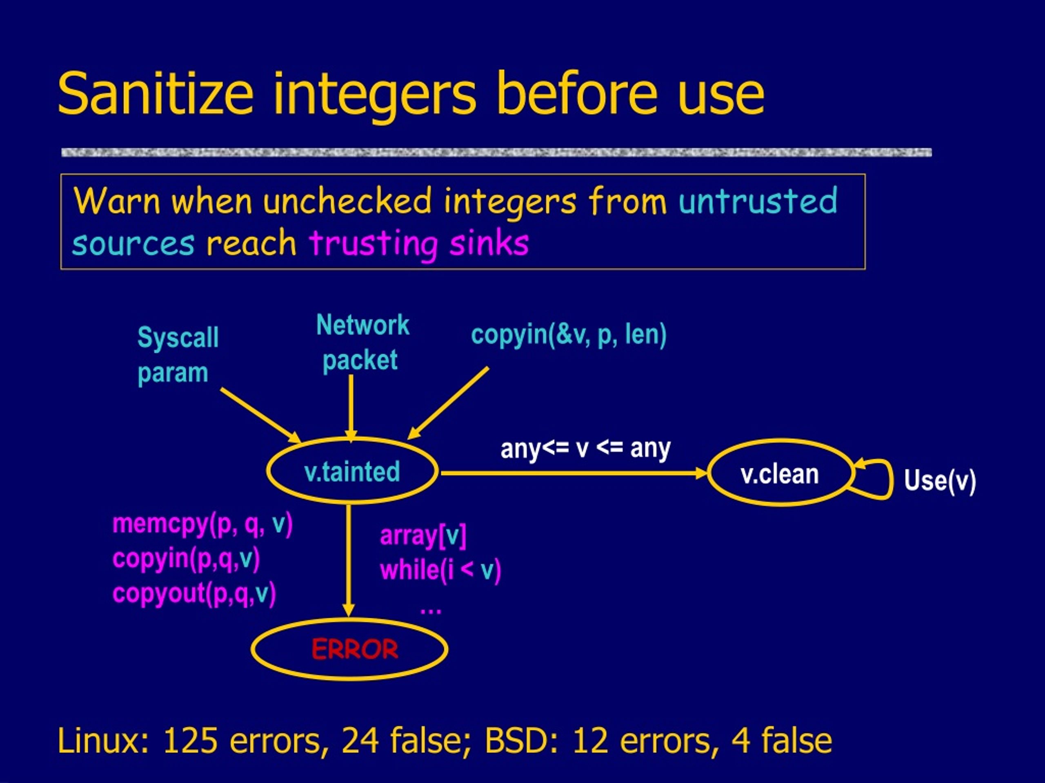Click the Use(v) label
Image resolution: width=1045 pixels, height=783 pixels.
[940, 481]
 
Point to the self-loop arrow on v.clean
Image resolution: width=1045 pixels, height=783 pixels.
[891, 479]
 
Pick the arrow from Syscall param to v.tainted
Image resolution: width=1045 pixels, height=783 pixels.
[260, 415]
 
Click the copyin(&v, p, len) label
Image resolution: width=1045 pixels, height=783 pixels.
[568, 335]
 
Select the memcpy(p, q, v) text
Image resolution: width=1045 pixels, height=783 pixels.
[202, 524]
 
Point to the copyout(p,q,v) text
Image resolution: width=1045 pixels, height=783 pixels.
[194, 594]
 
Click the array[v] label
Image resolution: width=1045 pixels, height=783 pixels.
[423, 536]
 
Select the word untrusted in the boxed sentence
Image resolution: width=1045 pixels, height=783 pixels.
[758, 201]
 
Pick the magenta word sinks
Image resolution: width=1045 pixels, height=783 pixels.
[489, 243]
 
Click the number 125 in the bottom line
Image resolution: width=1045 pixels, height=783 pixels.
[190, 741]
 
